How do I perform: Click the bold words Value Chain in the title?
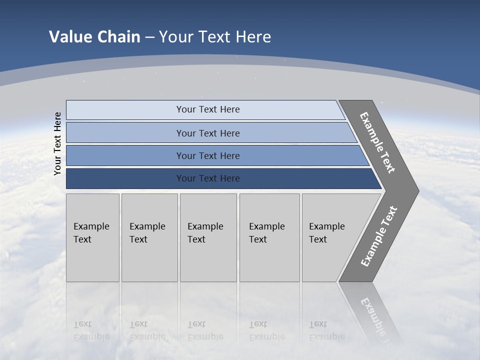94,37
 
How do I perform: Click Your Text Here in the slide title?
215,37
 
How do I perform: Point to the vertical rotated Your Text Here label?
58,144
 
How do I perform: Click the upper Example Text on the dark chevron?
377,142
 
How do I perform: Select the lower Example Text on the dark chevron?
379,236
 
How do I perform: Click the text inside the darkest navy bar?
208,178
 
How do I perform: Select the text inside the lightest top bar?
208,109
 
